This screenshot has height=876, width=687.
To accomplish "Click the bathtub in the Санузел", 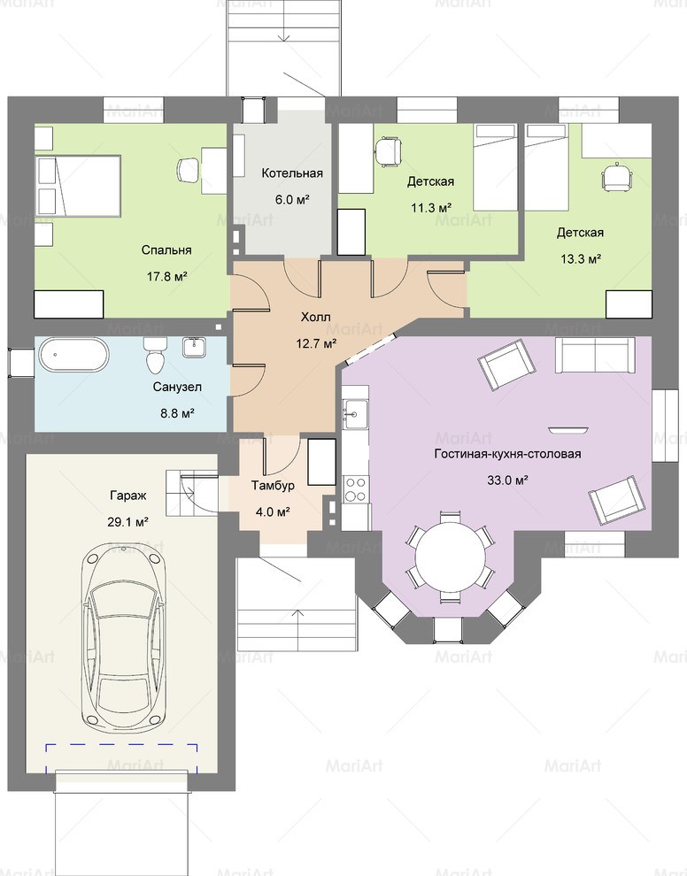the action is (73, 355).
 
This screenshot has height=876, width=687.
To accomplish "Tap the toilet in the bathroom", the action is (154, 356).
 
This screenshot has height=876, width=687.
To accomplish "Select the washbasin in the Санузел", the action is (194, 347).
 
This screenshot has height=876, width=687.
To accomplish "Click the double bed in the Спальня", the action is (78, 186).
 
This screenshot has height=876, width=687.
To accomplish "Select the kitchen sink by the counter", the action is (355, 414).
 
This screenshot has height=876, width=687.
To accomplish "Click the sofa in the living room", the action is (595, 355).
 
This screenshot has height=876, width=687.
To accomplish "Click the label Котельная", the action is (292, 173).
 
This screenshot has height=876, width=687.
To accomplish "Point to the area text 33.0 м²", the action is (507, 480).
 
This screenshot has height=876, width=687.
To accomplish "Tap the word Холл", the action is (316, 318).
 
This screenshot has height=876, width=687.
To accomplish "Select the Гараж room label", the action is (128, 496).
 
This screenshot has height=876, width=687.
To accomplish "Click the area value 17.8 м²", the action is (166, 276).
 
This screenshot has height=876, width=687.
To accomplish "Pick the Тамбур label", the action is (273, 485).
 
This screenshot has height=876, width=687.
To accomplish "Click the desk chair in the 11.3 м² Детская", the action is (388, 151).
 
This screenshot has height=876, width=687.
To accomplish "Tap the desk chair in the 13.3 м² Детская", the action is (616, 177).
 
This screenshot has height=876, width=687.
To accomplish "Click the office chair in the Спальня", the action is (189, 170).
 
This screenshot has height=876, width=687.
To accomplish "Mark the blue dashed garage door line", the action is (122, 745).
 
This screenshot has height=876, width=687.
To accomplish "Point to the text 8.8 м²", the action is (177, 413).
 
